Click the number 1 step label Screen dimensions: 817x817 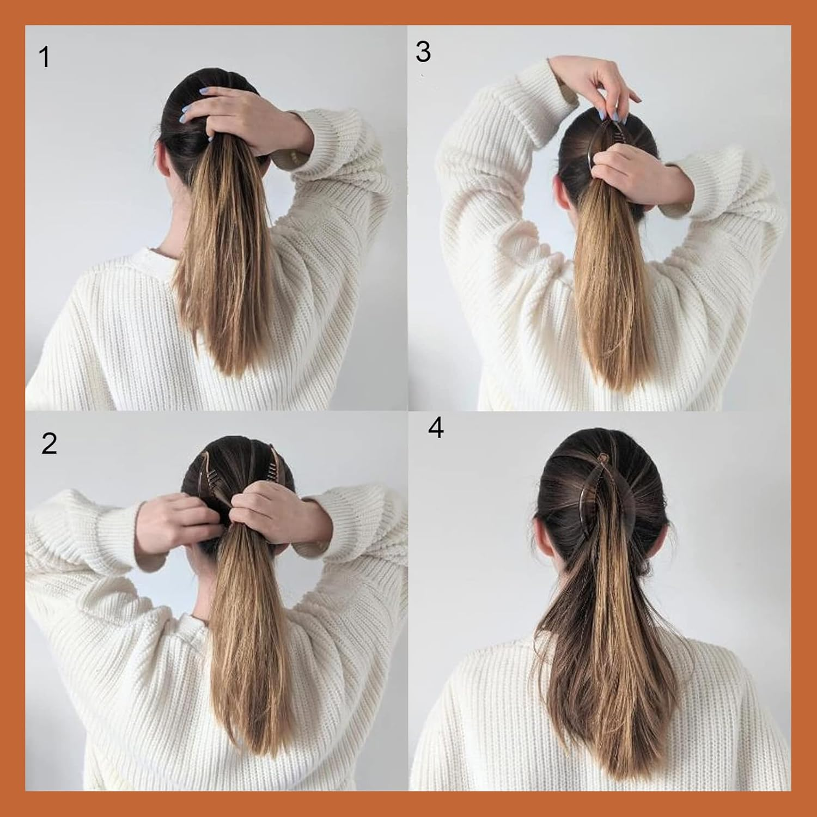[x=45, y=57]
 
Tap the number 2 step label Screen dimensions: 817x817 [x=49, y=443]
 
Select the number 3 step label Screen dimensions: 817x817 [x=423, y=52]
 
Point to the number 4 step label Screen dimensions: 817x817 [x=436, y=428]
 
